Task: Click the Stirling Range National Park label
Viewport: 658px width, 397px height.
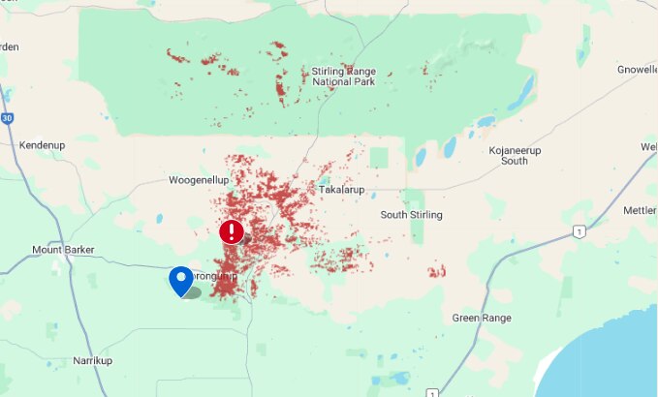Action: click(x=343, y=76)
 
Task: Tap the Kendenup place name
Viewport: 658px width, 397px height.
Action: click(x=42, y=145)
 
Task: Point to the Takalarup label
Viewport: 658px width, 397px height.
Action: click(x=341, y=190)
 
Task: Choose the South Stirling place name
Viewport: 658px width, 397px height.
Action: click(x=411, y=214)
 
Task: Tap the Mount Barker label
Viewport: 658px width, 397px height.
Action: click(x=63, y=250)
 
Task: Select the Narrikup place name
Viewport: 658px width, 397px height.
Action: click(x=95, y=360)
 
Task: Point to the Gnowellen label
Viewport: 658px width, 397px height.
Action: click(x=637, y=70)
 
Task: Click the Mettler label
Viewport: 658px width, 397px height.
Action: click(x=640, y=210)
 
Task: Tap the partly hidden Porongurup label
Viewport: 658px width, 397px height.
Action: click(x=215, y=276)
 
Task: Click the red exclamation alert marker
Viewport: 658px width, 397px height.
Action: click(x=232, y=231)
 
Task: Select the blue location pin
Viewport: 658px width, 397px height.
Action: click(x=181, y=280)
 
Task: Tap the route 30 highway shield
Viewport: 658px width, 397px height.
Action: click(x=7, y=118)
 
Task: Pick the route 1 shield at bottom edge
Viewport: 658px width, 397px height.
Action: click(x=430, y=392)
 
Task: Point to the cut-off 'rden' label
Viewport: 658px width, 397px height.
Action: click(x=9, y=46)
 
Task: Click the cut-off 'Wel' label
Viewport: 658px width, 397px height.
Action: click(x=648, y=146)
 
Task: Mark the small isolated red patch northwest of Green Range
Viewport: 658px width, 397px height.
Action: click(x=437, y=271)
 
